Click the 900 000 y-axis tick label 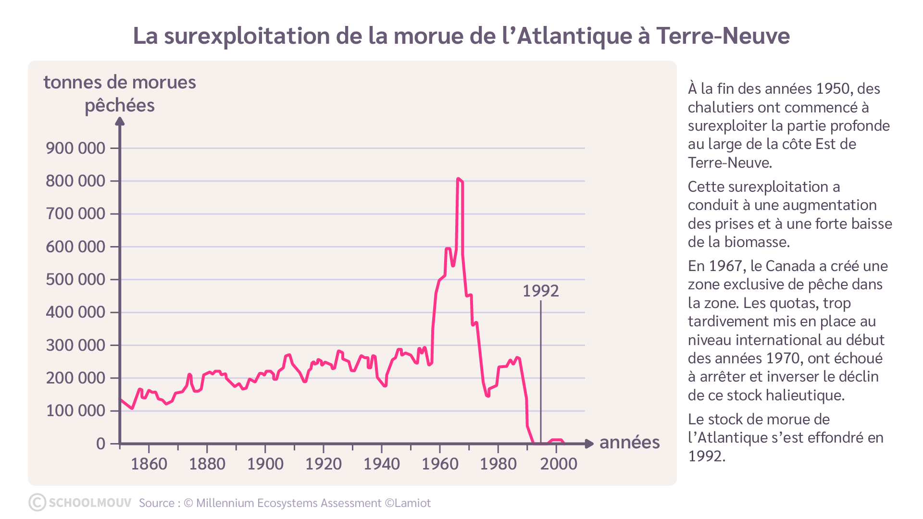pyautogui.click(x=75, y=148)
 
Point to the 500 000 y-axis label pyautogui.click(x=75, y=279)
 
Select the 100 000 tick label pyautogui.click(x=75, y=411)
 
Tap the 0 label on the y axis pyautogui.click(x=100, y=444)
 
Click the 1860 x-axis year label pyautogui.click(x=149, y=464)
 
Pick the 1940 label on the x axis pyautogui.click(x=382, y=464)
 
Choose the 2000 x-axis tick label pyautogui.click(x=559, y=464)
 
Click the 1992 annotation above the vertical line pyautogui.click(x=541, y=291)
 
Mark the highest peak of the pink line pyautogui.click(x=458, y=179)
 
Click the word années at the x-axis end pyautogui.click(x=629, y=443)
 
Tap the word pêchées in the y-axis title pyautogui.click(x=120, y=106)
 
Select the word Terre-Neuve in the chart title pyautogui.click(x=723, y=36)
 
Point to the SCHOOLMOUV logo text pyautogui.click(x=90, y=503)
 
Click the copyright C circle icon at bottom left pyautogui.click(x=37, y=502)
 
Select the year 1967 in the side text pyautogui.click(x=725, y=266)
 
